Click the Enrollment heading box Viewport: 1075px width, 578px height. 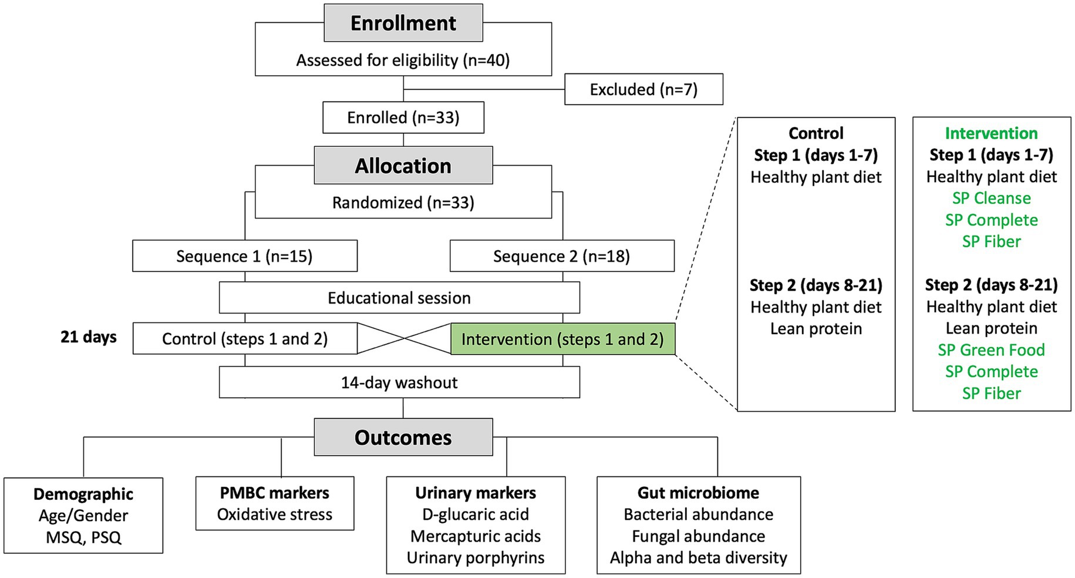[x=403, y=23]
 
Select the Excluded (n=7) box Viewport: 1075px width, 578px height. [x=643, y=89]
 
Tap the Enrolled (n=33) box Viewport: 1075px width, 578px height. [x=403, y=117]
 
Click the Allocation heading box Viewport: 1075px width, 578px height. [x=403, y=166]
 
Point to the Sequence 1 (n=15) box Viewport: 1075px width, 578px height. [x=245, y=256]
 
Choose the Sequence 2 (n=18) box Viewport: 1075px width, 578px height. [x=562, y=256]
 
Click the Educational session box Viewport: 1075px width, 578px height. [x=399, y=298]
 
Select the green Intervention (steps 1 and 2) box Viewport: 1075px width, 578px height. [x=562, y=339]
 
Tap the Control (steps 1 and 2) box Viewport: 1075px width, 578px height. [x=245, y=339]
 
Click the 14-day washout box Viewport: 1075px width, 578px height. [x=399, y=382]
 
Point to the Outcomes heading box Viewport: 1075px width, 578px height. [x=403, y=438]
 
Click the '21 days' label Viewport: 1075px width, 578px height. [x=89, y=337]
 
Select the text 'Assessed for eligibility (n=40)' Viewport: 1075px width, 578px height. [x=403, y=61]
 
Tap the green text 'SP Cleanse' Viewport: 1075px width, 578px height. [x=992, y=199]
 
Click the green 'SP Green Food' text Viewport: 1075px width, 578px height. [x=992, y=350]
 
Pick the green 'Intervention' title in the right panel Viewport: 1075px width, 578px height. [x=992, y=133]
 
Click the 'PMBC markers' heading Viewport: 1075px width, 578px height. [x=275, y=493]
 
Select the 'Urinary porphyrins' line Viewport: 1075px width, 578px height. [x=476, y=558]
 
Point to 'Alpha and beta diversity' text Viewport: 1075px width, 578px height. [x=699, y=558]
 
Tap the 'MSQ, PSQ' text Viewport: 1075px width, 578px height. [x=83, y=537]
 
